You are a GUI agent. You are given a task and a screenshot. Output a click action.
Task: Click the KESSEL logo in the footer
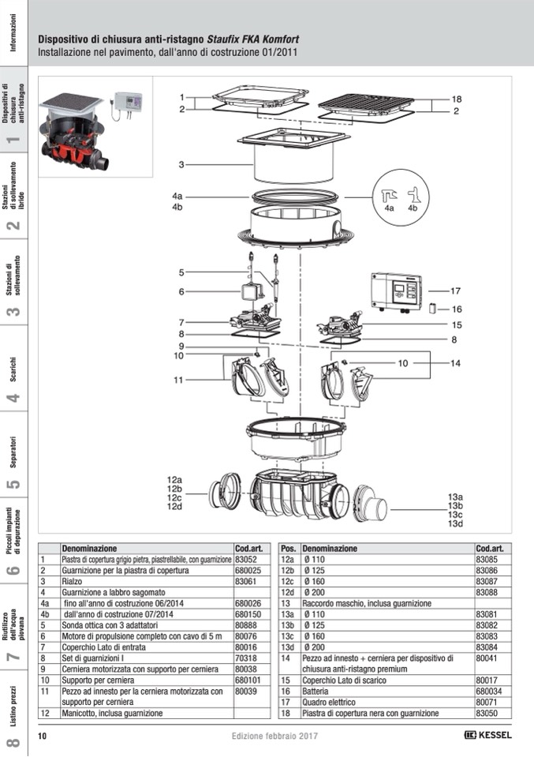pyautogui.click(x=488, y=736)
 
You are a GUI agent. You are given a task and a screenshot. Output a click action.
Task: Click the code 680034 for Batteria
pyautogui.click(x=489, y=690)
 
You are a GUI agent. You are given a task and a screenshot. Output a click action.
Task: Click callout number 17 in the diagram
pyautogui.click(x=455, y=290)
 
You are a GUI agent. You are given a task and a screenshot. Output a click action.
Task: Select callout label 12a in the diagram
pyautogui.click(x=174, y=480)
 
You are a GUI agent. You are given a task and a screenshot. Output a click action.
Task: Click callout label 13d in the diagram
pyautogui.click(x=455, y=524)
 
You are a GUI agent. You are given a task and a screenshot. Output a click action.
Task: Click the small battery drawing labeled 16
pyautogui.click(x=433, y=309)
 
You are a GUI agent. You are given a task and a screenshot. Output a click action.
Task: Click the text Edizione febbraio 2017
pyautogui.click(x=274, y=736)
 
